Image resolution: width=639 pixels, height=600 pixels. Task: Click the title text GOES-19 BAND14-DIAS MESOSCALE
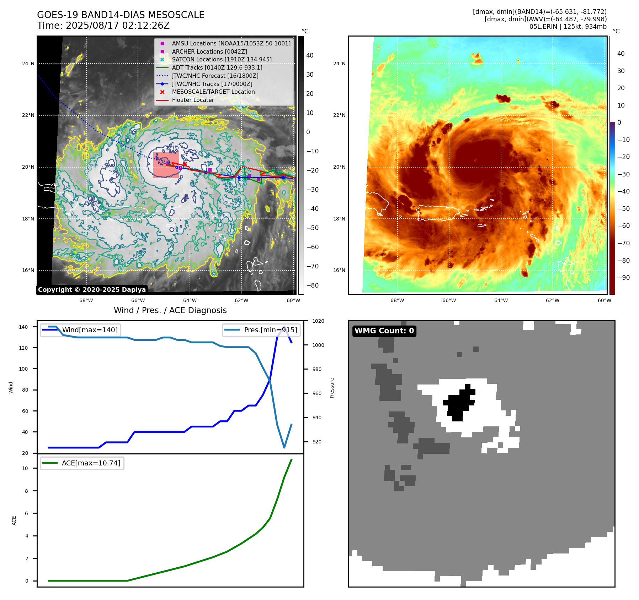pos(121,15)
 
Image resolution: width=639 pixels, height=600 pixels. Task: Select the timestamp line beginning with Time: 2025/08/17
pos(103,26)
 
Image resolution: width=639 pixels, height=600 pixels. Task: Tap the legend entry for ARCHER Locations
pos(209,51)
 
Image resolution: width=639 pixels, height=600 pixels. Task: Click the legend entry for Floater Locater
pos(193,100)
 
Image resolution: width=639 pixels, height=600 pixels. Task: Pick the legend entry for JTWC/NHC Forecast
pos(215,76)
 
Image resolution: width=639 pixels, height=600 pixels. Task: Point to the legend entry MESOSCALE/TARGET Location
pos(213,92)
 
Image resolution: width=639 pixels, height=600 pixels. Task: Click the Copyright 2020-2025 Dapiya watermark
pos(92,290)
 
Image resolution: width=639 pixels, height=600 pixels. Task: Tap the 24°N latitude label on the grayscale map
pos(28,64)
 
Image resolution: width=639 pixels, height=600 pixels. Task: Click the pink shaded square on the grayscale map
pos(166,165)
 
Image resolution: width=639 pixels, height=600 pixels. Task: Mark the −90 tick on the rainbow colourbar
pos(623,278)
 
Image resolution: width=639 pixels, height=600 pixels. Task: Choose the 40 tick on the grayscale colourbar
pos(310,55)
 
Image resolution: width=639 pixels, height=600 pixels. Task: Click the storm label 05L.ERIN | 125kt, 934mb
pos(568,27)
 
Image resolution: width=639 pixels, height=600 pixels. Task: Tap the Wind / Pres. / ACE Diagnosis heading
pos(170,310)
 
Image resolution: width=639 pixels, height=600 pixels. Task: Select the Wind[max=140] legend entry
pos(90,330)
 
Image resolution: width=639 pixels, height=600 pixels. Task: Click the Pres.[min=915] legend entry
pos(270,330)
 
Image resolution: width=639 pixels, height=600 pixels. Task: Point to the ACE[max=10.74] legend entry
pos(91,463)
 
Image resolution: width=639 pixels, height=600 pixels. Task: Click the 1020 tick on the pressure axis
pos(318,321)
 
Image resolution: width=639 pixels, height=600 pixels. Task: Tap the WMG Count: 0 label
pos(384,331)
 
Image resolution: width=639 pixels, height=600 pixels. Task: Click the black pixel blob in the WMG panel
pos(459,403)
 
